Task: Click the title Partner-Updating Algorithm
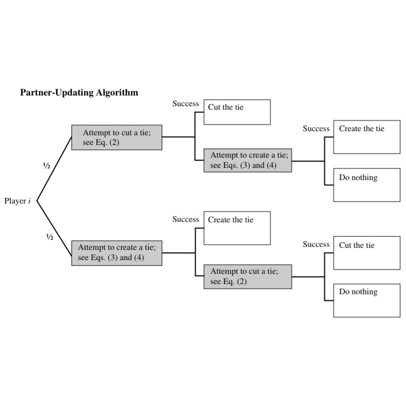pyautogui.click(x=79, y=93)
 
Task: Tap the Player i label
pyautogui.click(x=18, y=201)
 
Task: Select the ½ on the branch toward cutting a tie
pyautogui.click(x=47, y=166)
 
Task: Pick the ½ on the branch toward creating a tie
pyautogui.click(x=50, y=237)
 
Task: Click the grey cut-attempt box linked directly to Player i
pyautogui.click(x=117, y=137)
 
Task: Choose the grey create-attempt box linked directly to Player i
pyautogui.click(x=117, y=253)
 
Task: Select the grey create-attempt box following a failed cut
pyautogui.click(x=248, y=160)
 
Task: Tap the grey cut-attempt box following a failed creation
pyautogui.click(x=248, y=277)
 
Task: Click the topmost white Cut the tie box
pyautogui.click(x=237, y=112)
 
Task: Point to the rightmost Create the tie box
pyautogui.click(x=367, y=137)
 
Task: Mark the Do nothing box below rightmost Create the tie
pyautogui.click(x=367, y=185)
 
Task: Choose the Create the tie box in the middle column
pyautogui.click(x=237, y=228)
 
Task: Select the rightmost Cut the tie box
pyautogui.click(x=367, y=253)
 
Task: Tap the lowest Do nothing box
pyautogui.click(x=367, y=300)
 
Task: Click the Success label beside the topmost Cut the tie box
pyautogui.click(x=186, y=104)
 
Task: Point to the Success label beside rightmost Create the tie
pyautogui.click(x=316, y=129)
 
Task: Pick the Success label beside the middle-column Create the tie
pyautogui.click(x=186, y=220)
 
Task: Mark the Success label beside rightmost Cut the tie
pyautogui.click(x=316, y=245)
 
